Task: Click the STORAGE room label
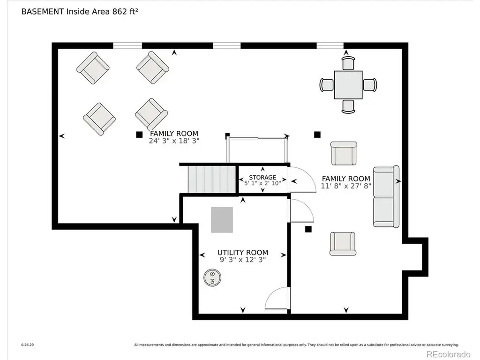pos(262,177)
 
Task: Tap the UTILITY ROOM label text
pos(243,253)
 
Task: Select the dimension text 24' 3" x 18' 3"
pos(174,141)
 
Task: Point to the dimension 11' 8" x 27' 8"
pos(346,186)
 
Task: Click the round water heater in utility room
pos(212,277)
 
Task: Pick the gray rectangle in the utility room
pos(222,220)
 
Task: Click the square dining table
pos(348,85)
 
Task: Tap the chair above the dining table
pos(348,63)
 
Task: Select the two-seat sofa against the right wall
pos(386,197)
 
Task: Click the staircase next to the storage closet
pos(212,180)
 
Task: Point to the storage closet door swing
pos(303,180)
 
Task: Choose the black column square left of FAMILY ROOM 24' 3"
pos(139,135)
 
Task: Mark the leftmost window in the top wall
pos(127,45)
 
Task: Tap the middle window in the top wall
pos(227,45)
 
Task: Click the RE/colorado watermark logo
pos(449,354)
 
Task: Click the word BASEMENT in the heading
pos(43,12)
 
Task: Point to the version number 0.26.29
pos(28,345)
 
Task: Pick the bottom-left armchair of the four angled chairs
pos(99,119)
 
